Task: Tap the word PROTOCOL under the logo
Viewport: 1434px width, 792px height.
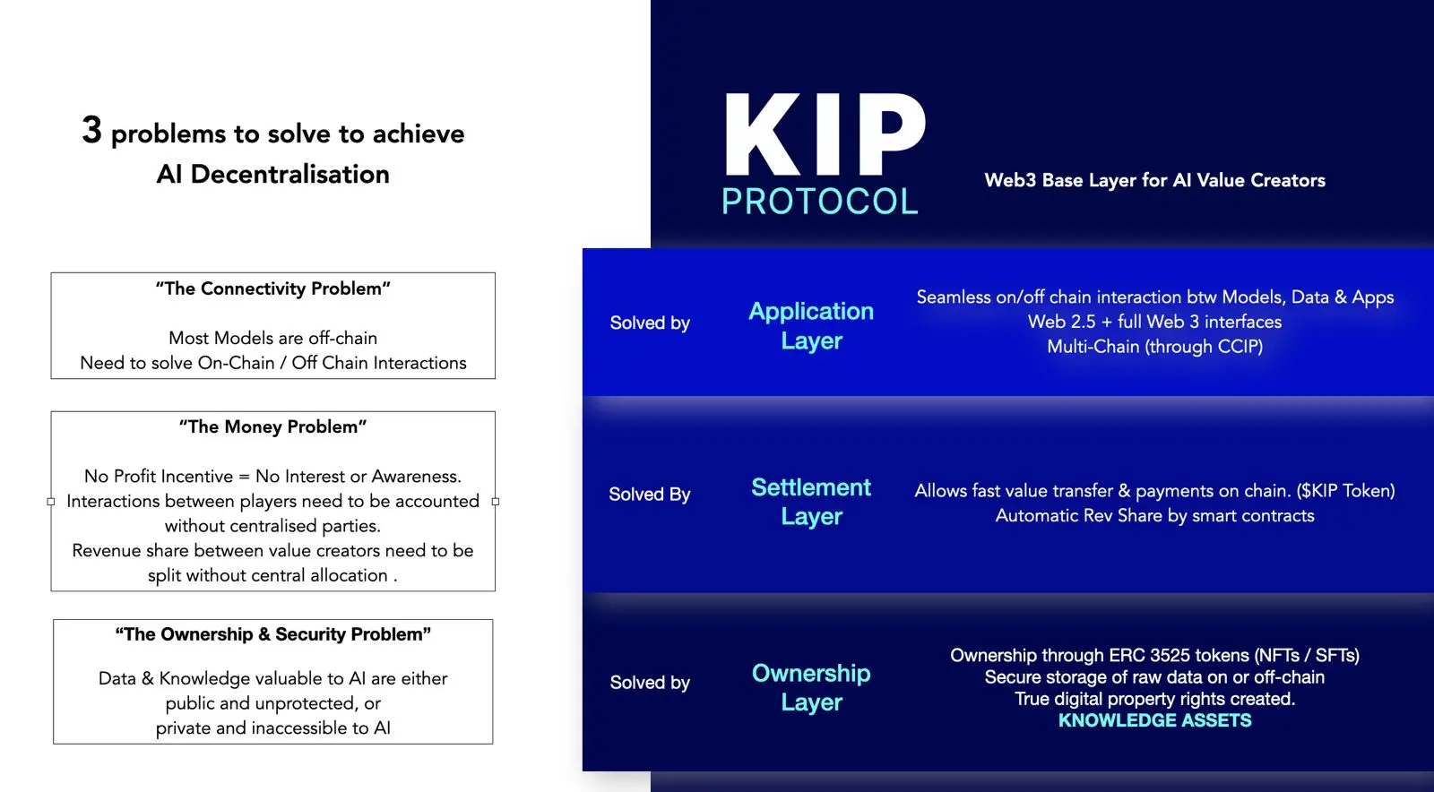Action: click(x=819, y=202)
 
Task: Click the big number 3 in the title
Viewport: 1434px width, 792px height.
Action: click(x=91, y=130)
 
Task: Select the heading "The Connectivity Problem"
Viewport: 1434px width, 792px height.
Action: click(x=272, y=288)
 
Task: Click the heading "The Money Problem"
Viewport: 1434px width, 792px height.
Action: click(x=272, y=426)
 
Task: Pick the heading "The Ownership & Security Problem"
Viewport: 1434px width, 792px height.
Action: click(x=272, y=634)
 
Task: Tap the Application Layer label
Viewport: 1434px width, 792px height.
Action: click(x=811, y=325)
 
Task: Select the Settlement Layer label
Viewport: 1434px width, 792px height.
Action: click(x=811, y=502)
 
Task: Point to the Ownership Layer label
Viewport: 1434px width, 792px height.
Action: click(x=811, y=687)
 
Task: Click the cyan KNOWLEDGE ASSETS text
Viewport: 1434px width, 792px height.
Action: click(x=1154, y=720)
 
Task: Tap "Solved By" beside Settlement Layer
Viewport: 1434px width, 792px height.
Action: click(x=649, y=494)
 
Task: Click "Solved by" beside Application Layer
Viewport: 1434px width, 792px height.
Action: click(x=650, y=323)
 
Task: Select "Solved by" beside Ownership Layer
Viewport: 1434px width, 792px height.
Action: click(x=650, y=682)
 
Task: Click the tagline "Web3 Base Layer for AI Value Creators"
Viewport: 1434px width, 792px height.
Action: click(x=1154, y=180)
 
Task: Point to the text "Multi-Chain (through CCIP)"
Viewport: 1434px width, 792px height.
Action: click(x=1154, y=347)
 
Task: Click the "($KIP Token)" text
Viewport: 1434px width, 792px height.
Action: click(x=1345, y=491)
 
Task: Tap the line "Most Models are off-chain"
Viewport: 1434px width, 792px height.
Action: click(x=272, y=338)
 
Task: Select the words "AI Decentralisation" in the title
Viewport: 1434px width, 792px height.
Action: click(x=272, y=174)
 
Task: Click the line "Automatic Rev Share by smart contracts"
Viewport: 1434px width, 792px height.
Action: click(x=1154, y=516)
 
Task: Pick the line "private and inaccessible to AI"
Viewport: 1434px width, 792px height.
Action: click(x=272, y=728)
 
